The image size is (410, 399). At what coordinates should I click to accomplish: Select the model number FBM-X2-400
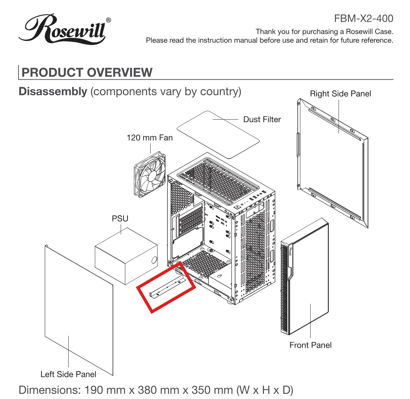pyautogui.click(x=363, y=18)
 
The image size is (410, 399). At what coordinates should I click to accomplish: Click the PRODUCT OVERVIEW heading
pyautogui.click(x=87, y=72)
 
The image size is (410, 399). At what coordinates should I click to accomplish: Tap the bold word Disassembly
pyautogui.click(x=53, y=91)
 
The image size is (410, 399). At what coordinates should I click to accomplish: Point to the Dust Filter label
pyautogui.click(x=262, y=119)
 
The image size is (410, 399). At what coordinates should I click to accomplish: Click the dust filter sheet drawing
pyautogui.click(x=218, y=134)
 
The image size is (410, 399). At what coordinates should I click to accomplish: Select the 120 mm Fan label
pyautogui.click(x=150, y=138)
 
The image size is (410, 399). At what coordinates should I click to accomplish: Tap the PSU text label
pyautogui.click(x=120, y=219)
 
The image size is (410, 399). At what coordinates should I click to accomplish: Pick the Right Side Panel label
pyautogui.click(x=340, y=94)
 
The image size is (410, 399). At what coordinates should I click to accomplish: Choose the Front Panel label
pyautogui.click(x=310, y=345)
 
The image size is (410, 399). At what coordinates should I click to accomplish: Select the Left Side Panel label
pyautogui.click(x=68, y=374)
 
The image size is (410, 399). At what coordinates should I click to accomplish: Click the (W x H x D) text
pyautogui.click(x=265, y=390)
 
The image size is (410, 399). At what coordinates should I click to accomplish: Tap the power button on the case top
pyautogui.click(x=237, y=207)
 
